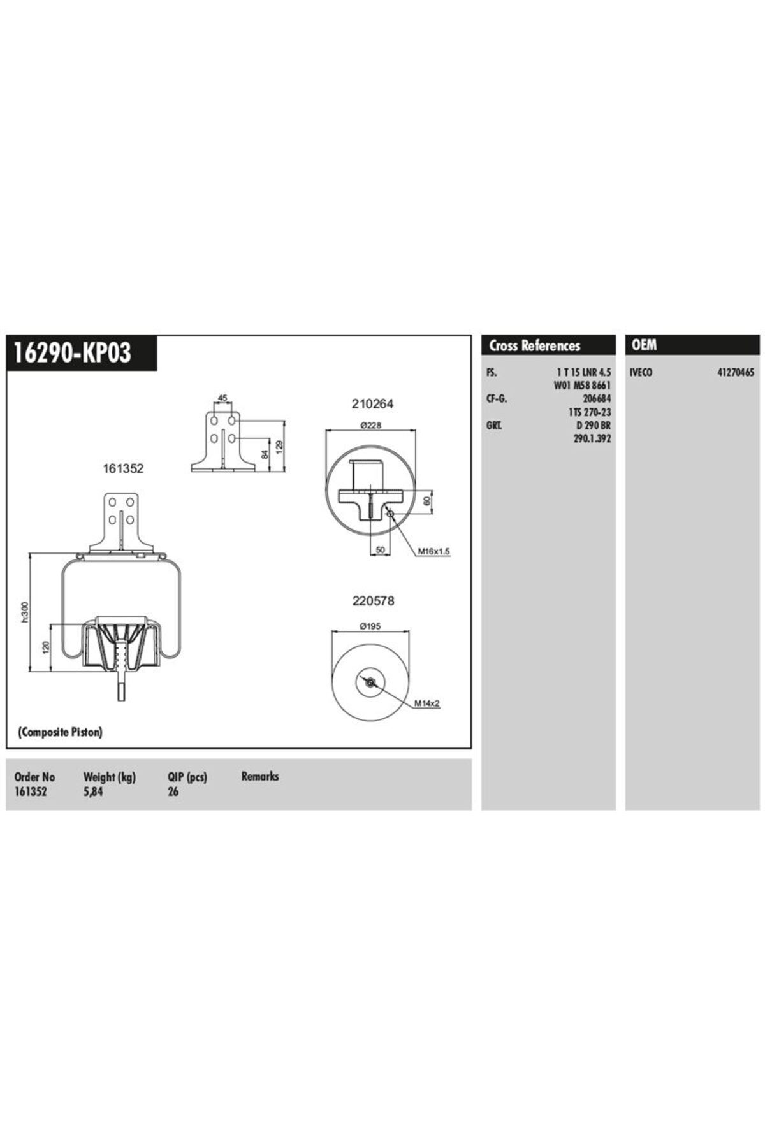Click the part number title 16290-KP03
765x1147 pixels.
click(73, 352)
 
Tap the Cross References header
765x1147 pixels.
click(534, 346)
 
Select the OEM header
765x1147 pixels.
click(643, 345)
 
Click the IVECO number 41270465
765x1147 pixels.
click(735, 373)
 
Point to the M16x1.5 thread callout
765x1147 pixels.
click(433, 551)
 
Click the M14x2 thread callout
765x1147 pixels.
click(427, 703)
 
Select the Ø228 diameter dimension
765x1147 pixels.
click(370, 426)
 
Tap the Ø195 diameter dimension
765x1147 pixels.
click(370, 626)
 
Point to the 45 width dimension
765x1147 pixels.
click(222, 398)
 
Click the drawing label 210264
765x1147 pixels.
click(372, 403)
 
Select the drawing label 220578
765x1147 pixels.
click(373, 601)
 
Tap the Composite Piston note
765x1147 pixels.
click(60, 732)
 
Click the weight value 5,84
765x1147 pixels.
click(92, 792)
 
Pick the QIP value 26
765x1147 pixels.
click(173, 792)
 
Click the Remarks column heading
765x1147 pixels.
click(260, 776)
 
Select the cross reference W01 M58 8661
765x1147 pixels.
click(583, 386)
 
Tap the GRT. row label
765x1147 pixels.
click(493, 425)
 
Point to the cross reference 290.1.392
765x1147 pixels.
click(592, 438)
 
